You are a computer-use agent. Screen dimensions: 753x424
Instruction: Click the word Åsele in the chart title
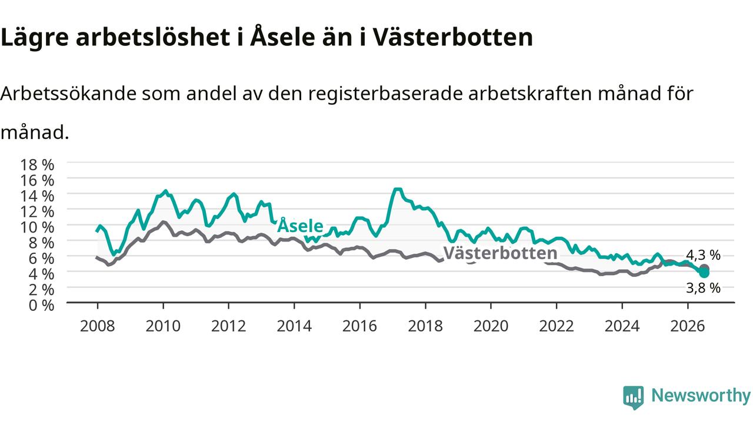283,37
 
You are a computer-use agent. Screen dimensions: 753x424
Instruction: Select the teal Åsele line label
300,226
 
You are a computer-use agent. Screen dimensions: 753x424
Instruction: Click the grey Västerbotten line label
500,253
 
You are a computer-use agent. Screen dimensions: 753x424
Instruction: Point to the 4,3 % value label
703,256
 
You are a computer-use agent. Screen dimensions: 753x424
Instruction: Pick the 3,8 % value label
703,289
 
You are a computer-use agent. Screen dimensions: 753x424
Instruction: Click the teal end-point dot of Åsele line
704,273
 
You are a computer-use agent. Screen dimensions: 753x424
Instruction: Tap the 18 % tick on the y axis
37,165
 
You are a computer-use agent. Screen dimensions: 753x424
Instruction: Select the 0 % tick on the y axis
41,306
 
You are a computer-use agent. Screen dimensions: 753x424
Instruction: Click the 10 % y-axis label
37,227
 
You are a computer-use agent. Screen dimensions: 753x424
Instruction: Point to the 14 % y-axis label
37,196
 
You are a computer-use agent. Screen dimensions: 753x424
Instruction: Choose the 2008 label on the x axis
98,326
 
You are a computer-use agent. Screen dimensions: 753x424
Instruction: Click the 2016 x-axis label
359,326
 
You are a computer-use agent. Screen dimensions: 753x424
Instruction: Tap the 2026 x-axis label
688,326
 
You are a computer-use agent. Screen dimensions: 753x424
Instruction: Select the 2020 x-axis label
491,326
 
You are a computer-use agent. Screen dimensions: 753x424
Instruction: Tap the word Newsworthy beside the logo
701,396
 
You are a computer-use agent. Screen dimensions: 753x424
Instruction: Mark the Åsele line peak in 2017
398,190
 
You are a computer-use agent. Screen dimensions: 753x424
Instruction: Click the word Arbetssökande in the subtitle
69,94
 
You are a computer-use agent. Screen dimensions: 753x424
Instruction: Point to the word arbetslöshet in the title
153,37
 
